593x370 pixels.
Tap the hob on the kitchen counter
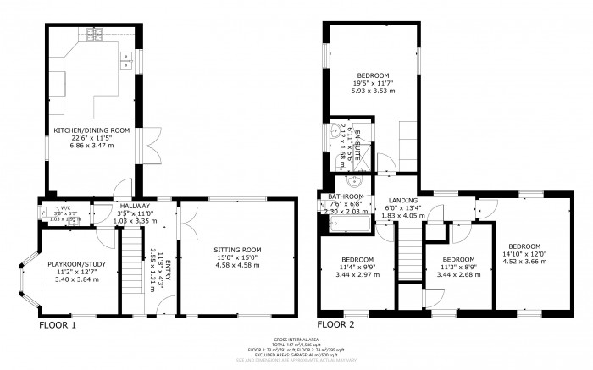(94, 35)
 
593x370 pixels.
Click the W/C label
(65, 207)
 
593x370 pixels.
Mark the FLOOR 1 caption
(58, 324)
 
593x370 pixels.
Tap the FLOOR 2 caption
(335, 324)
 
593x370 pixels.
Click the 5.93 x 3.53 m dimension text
(371, 91)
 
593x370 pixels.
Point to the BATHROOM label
(346, 196)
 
